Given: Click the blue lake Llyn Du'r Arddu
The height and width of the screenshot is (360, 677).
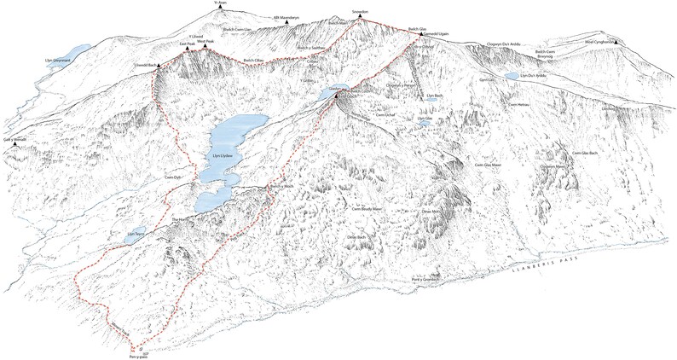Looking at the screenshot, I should click(511, 76).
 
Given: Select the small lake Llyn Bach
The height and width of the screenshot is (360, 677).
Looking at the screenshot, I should click(433, 97).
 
